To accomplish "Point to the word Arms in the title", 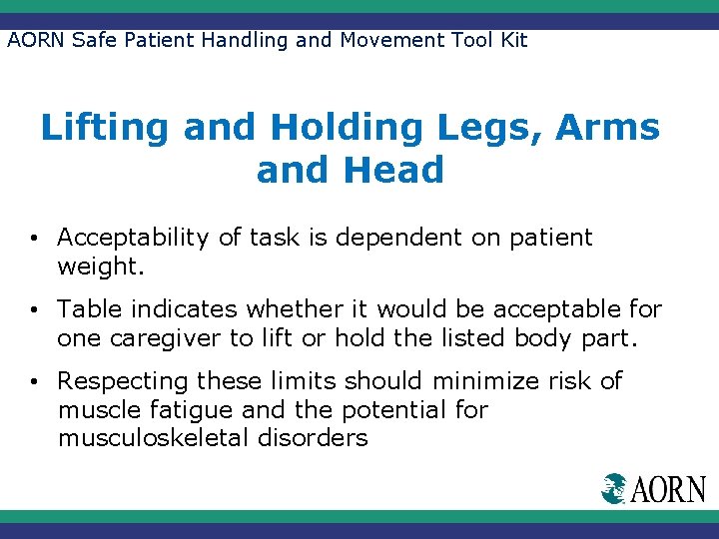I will click(611, 129).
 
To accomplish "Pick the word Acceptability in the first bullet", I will click(133, 238).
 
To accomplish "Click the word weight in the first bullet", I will click(98, 267).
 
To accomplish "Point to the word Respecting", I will click(123, 381).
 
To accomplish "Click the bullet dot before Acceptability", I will click(35, 240).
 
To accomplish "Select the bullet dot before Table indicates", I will click(35, 311).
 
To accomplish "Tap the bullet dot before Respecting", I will click(35, 382).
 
